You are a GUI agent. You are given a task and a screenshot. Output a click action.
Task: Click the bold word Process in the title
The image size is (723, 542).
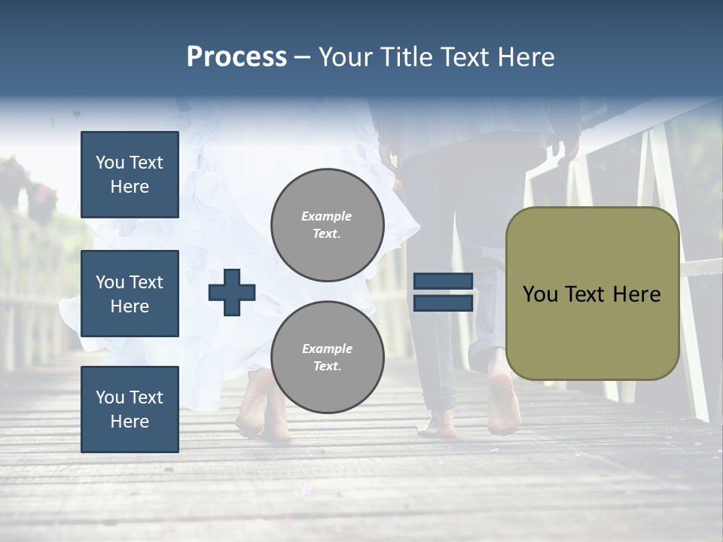tap(236, 56)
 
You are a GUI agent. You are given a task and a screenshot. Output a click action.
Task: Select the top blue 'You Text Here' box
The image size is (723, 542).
tap(130, 175)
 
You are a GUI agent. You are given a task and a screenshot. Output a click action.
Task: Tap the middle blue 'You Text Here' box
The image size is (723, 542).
tap(130, 294)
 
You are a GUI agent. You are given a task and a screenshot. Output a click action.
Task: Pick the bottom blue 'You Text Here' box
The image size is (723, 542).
tap(130, 410)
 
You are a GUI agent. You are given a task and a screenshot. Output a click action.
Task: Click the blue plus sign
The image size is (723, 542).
tap(232, 293)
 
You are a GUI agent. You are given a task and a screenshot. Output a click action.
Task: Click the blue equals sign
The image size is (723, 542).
tap(443, 293)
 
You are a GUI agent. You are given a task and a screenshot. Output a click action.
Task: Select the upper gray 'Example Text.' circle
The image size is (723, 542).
tap(327, 225)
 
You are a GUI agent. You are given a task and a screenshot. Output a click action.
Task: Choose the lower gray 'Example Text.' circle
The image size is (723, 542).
tap(327, 358)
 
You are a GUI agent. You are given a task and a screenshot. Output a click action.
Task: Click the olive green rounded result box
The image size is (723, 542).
tap(592, 294)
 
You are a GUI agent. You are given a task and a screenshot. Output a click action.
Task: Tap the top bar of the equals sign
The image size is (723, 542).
tap(443, 282)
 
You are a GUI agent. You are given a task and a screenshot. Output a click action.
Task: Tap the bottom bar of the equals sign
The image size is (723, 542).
tap(443, 303)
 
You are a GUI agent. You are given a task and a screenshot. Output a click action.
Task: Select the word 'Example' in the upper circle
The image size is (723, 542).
tap(327, 216)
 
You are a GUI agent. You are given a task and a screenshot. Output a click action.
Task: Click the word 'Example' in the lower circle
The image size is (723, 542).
tap(327, 349)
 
